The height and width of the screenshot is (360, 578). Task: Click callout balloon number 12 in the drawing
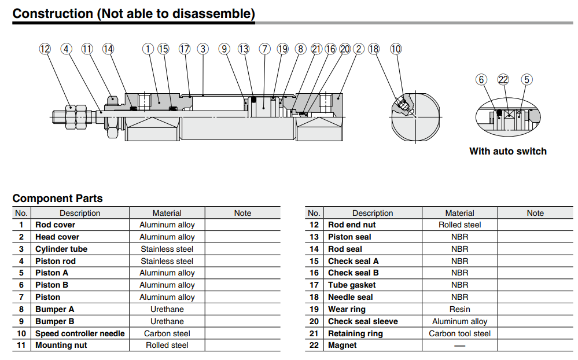click(45, 49)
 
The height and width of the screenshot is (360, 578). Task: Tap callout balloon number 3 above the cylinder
click(203, 49)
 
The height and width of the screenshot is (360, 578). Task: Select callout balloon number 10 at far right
click(396, 49)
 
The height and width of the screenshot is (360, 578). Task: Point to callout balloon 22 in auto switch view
click(503, 79)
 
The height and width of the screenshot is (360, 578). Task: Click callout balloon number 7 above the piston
click(265, 49)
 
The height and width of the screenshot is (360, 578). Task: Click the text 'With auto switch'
click(507, 151)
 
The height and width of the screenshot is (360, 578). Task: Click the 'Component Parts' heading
click(57, 199)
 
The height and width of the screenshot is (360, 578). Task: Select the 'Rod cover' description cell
click(56, 225)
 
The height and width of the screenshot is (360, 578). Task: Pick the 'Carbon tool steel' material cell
click(459, 333)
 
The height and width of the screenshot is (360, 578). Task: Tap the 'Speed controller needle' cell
click(80, 333)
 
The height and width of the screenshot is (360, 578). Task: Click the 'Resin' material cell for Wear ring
click(459, 309)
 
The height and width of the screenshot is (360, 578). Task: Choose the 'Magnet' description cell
click(343, 346)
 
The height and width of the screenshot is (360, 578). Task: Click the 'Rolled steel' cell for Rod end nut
click(459, 225)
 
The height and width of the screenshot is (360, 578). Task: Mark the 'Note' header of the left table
click(242, 213)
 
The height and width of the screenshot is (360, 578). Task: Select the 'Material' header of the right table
click(459, 213)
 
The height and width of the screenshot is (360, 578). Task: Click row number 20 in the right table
click(314, 321)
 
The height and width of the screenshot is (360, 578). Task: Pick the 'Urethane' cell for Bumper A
click(167, 309)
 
